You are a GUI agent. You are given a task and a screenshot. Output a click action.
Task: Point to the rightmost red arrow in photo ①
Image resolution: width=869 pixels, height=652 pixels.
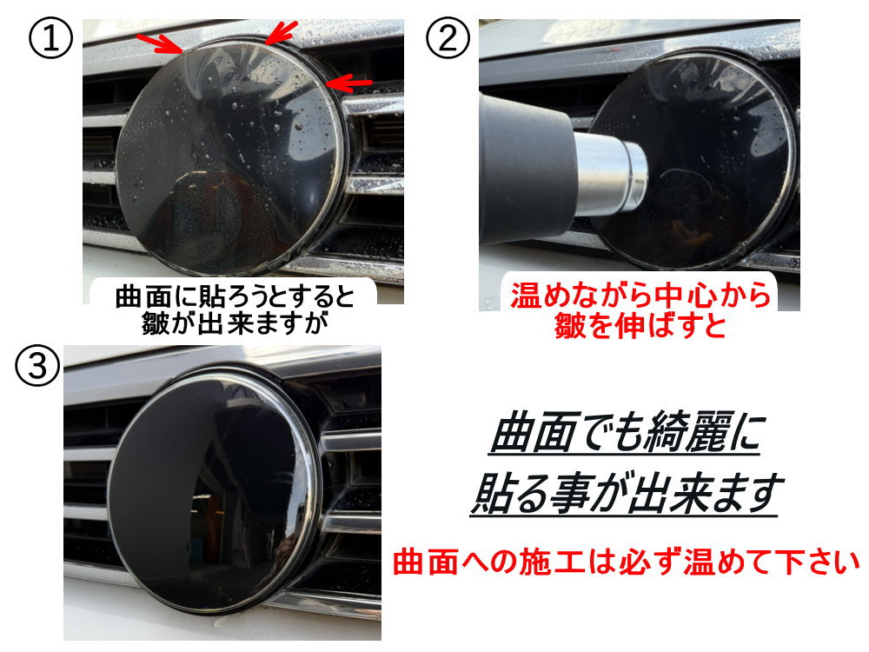pyautogui.click(x=350, y=83)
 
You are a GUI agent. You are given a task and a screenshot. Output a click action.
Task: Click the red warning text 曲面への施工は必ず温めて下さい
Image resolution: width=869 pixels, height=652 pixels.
pyautogui.click(x=626, y=561)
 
